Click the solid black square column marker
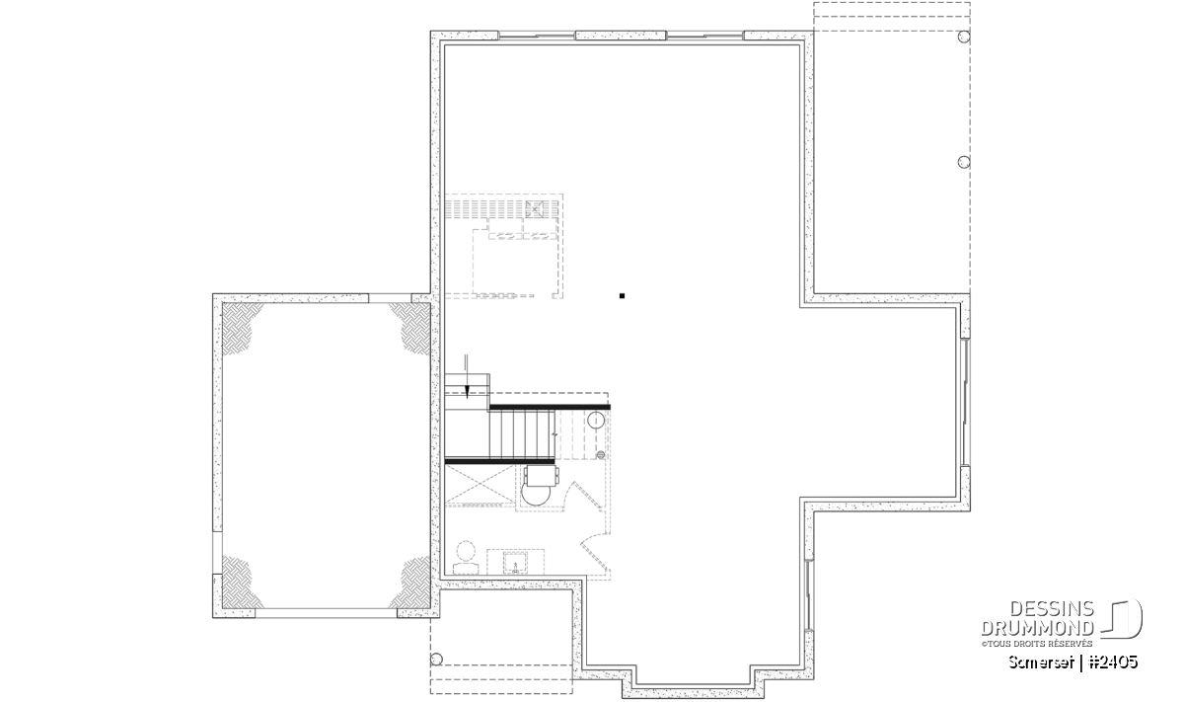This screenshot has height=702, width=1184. [x=623, y=296]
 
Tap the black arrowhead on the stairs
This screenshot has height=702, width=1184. [x=467, y=392]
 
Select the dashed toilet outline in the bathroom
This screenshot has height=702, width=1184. [x=466, y=558]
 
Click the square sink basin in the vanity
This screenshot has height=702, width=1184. [x=515, y=563]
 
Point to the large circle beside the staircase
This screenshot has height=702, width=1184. [x=596, y=420]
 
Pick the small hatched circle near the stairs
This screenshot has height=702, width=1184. [x=601, y=455]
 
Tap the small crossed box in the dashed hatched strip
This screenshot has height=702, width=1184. [x=535, y=209]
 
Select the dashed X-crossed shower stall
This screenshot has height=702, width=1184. [x=480, y=485]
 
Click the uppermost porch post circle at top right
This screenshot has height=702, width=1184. [x=964, y=37]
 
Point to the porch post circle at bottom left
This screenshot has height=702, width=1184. [x=436, y=660]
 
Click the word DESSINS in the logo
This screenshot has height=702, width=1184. [x=1052, y=609]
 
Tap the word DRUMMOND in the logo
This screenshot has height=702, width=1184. [x=1038, y=628]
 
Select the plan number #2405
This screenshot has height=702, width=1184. [x=1113, y=663]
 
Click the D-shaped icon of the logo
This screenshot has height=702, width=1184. [x=1122, y=619]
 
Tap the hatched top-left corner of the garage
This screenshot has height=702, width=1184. [x=240, y=326]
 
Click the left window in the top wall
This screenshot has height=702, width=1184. [x=537, y=36]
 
